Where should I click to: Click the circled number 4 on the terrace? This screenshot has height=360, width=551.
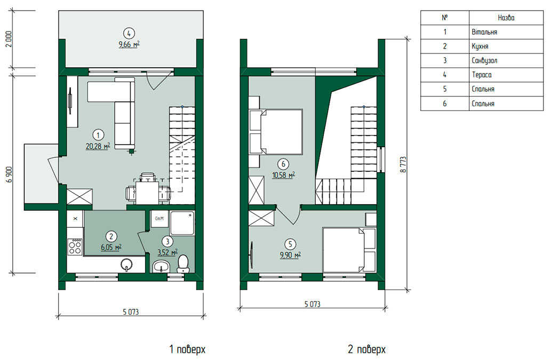point(129,34)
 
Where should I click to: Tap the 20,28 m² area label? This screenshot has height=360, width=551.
point(98,146)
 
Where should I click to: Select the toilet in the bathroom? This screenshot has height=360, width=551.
point(183,264)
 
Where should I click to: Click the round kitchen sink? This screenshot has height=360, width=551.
point(126,265)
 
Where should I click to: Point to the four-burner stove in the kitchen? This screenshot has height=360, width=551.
point(75,246)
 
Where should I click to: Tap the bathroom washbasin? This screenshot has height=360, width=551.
point(161,267)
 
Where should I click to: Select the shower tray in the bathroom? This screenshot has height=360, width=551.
point(182,223)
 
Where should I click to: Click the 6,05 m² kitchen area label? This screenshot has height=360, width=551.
point(111,247)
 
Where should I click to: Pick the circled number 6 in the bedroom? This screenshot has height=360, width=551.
point(283,164)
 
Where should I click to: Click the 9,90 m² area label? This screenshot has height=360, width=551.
point(290,255)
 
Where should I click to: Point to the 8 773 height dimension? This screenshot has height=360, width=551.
point(403,164)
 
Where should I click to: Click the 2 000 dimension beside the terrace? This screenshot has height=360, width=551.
point(9,39)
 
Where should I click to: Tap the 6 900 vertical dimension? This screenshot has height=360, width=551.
point(9,174)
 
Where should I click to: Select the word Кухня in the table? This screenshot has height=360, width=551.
point(480,46)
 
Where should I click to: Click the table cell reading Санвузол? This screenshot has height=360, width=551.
point(506,60)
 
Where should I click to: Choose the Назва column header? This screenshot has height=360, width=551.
point(506,18)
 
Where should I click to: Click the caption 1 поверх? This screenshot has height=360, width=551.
point(187,349)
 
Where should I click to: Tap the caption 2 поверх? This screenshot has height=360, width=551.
point(366,349)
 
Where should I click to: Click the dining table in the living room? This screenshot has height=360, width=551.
point(148,192)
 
